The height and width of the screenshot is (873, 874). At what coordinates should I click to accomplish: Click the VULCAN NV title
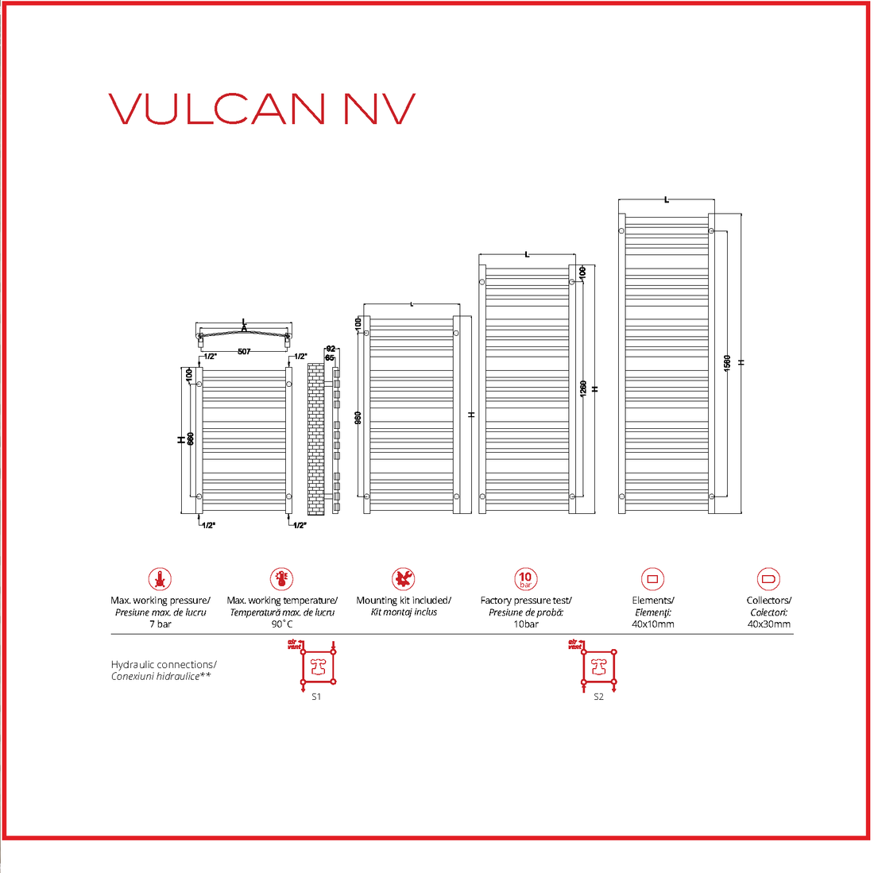[262, 109]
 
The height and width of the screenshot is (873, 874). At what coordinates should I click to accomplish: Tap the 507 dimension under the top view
[244, 351]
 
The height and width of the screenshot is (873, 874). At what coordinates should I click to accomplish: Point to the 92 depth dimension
[331, 349]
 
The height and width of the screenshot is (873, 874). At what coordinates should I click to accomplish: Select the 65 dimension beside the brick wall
[330, 357]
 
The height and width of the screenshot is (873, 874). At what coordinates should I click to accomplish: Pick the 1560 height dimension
[727, 362]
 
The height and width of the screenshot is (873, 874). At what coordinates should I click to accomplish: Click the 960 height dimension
[358, 417]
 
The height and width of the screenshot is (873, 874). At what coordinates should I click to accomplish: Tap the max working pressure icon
[160, 579]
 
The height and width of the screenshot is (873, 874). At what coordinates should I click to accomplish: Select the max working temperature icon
[281, 579]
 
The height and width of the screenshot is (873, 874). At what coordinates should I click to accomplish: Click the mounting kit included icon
[404, 579]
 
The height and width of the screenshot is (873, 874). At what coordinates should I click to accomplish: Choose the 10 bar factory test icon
[525, 579]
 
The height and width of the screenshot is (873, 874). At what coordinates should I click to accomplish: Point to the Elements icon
[652, 579]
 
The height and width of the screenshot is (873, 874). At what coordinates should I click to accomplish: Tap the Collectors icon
[768, 579]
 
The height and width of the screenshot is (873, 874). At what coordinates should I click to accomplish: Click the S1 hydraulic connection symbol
[318, 666]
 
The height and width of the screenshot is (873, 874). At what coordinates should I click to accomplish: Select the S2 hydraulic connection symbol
[599, 666]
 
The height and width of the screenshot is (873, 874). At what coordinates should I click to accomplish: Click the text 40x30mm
[768, 624]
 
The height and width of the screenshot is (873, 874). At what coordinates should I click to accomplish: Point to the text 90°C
[281, 624]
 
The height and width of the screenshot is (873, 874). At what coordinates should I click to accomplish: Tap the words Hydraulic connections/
[164, 664]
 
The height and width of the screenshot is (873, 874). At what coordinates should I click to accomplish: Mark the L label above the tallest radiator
[667, 199]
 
